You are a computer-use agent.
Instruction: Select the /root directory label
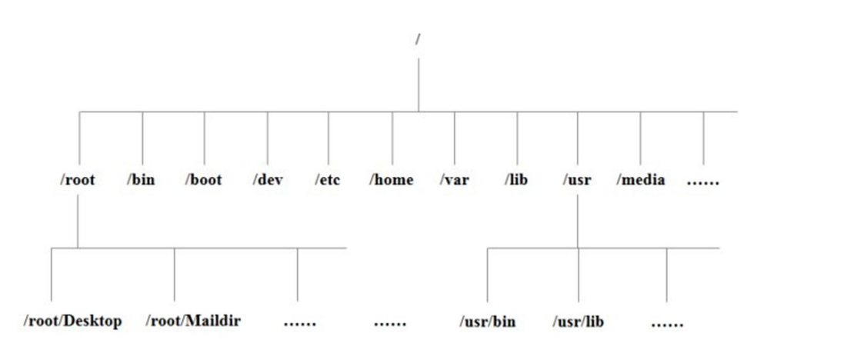click(78, 180)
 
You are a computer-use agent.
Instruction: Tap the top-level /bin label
click(141, 180)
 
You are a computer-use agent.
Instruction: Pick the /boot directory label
click(203, 180)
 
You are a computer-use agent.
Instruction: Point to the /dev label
click(267, 180)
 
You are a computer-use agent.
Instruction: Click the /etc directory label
click(327, 180)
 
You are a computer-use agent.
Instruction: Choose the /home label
click(391, 180)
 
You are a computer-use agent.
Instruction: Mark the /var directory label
click(454, 180)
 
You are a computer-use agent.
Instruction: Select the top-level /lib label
click(516, 180)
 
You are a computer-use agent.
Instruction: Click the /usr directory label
click(577, 180)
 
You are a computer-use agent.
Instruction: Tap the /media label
click(641, 180)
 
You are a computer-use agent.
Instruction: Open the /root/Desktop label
click(72, 321)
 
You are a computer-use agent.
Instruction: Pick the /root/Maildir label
click(193, 321)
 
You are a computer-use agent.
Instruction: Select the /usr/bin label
click(488, 321)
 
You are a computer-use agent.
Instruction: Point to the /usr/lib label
click(578, 321)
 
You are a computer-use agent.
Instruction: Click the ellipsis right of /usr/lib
click(667, 324)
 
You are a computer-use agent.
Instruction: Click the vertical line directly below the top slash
click(418, 85)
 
